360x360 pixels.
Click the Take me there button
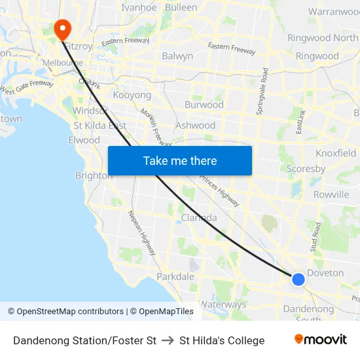pyautogui.click(x=180, y=160)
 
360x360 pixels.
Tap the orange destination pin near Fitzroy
pyautogui.click(x=62, y=28)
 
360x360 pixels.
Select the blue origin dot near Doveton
pyautogui.click(x=298, y=279)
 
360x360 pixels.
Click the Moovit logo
pyautogui.click(x=320, y=340)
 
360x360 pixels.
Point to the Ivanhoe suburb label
pyautogui.click(x=139, y=8)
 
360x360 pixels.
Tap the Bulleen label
pyautogui.click(x=181, y=8)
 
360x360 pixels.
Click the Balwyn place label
pyautogui.click(x=177, y=56)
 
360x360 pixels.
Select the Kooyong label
pyautogui.click(x=132, y=96)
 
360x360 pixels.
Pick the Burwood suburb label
pyautogui.click(x=204, y=105)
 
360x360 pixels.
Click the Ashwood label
pyautogui.click(x=195, y=126)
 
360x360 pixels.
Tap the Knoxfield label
pyautogui.click(x=336, y=153)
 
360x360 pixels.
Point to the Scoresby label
pyautogui.click(x=306, y=169)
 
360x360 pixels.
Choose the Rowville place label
pyautogui.click(x=331, y=195)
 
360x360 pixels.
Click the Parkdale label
pyautogui.click(x=175, y=277)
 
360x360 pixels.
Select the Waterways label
pyautogui.click(x=223, y=304)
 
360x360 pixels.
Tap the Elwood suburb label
pyautogui.click(x=84, y=140)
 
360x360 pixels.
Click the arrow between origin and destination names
pyautogui.click(x=168, y=340)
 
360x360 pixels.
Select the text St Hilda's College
pyautogui.click(x=222, y=340)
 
